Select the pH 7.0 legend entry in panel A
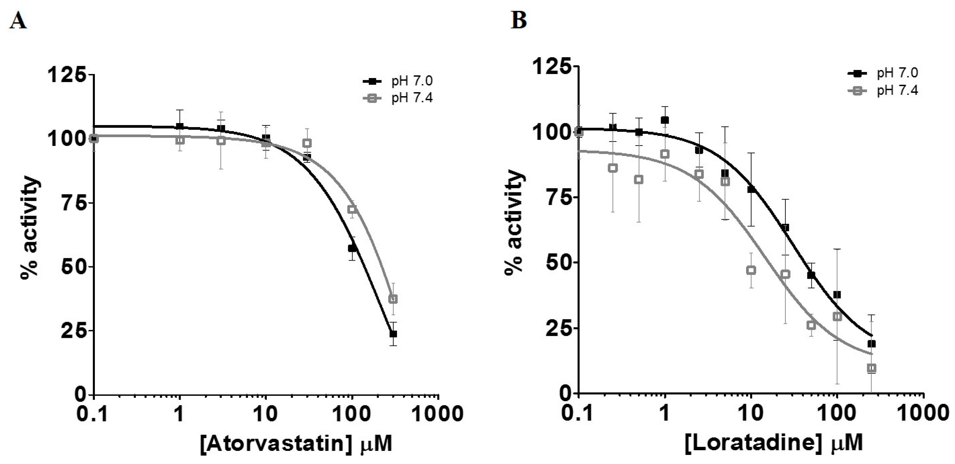pos(412,81)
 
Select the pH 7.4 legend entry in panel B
pos(897,90)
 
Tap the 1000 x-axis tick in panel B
pos(923,413)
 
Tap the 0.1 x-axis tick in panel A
pos(93,413)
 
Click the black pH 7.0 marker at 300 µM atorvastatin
pos(393,334)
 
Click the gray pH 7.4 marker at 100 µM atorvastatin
pos(352,209)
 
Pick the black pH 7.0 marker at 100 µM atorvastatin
pos(352,248)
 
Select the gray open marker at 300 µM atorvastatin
pos(393,299)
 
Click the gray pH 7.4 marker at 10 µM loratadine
pos(751,270)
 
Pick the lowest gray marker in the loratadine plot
pos(872,368)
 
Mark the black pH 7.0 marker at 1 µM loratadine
pos(665,120)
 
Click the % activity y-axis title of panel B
pos(515,222)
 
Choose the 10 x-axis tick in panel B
pos(751,413)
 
